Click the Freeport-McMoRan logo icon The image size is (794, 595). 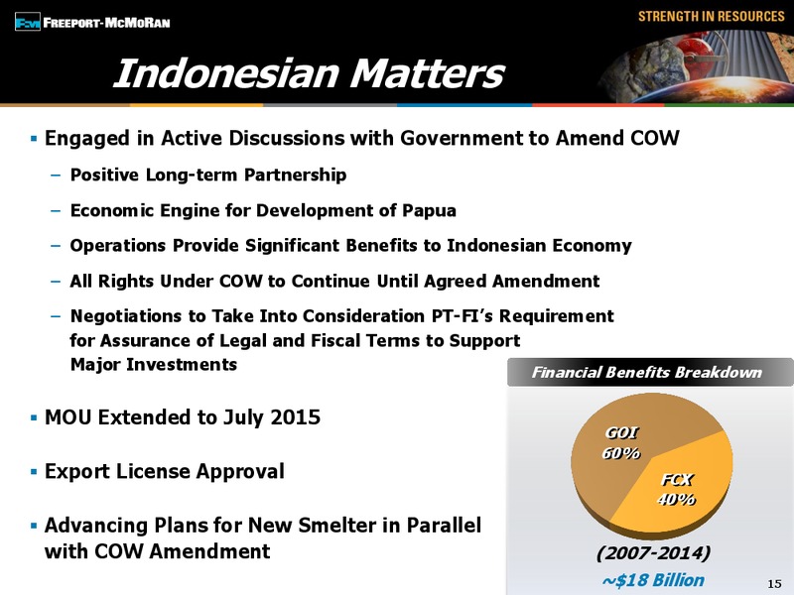click(28, 22)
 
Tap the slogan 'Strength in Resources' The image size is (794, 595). click(712, 16)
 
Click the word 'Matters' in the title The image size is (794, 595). click(428, 73)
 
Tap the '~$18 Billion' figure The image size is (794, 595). click(653, 580)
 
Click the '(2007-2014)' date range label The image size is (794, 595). click(653, 552)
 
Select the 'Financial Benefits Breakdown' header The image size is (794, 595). click(647, 373)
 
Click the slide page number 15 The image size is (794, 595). click(775, 583)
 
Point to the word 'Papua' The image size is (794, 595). click(430, 210)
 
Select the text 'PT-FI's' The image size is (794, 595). click(463, 316)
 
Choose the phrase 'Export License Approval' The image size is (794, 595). click(165, 472)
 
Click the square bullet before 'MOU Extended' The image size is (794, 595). click(34, 417)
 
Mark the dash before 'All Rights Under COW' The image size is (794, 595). click(56, 282)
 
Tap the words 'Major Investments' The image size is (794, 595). click(154, 364)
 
